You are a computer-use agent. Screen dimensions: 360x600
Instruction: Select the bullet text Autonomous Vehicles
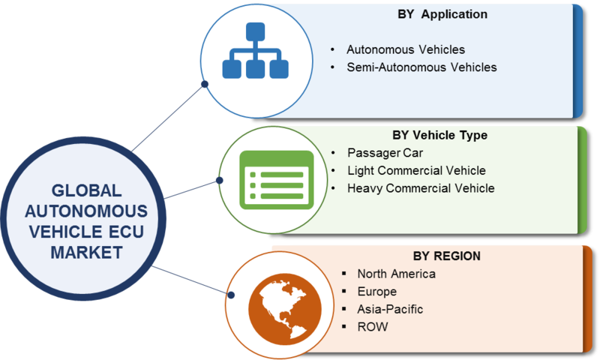(x=406, y=49)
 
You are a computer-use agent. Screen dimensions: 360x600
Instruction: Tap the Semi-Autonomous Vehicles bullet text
(x=421, y=67)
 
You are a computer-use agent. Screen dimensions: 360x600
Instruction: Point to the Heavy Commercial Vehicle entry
(x=421, y=188)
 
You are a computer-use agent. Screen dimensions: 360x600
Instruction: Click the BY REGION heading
(x=446, y=256)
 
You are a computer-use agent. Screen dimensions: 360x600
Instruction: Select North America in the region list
(x=396, y=274)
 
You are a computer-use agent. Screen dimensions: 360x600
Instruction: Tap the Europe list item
(x=376, y=291)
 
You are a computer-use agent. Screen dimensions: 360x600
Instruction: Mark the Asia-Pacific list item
(x=390, y=309)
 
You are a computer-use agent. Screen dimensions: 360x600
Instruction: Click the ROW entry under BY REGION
(x=371, y=327)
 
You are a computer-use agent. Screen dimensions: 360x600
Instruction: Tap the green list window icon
(x=275, y=180)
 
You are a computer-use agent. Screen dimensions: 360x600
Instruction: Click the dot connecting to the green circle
(x=220, y=180)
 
